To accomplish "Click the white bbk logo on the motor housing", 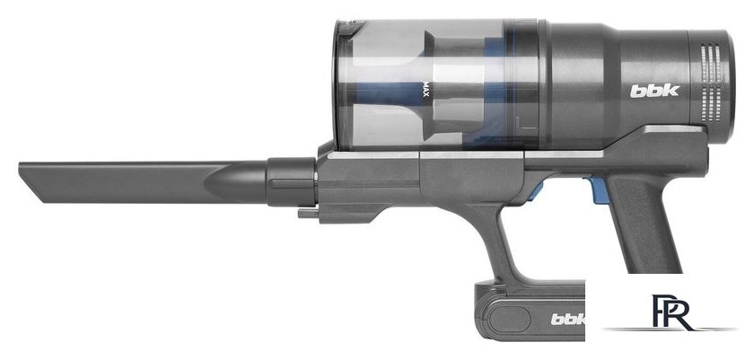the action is [x=654, y=91].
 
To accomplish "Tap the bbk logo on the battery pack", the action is [x=568, y=319].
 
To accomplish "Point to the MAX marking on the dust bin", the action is [x=425, y=89].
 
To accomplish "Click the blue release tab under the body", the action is [x=598, y=189].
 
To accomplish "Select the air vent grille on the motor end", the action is [x=711, y=83].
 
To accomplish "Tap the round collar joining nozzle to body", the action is [x=291, y=181].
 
